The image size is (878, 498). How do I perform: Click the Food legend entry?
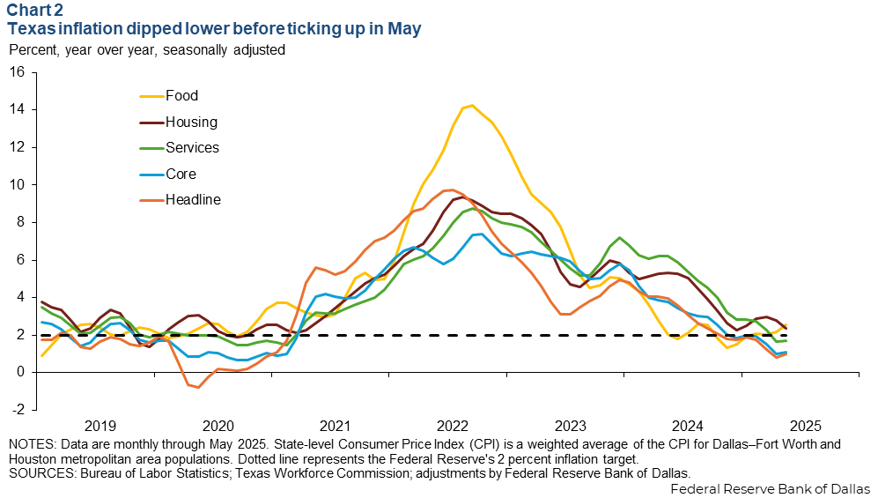click(x=181, y=96)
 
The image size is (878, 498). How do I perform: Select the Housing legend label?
click(x=190, y=123)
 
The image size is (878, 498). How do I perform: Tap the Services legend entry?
click(x=193, y=148)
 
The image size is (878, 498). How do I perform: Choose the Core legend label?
click(x=181, y=175)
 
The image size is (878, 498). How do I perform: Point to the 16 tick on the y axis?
click(x=18, y=72)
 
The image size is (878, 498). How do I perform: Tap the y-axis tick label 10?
click(x=18, y=185)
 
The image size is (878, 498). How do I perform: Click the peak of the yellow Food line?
click(x=472, y=105)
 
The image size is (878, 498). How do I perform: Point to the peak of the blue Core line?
click(x=478, y=234)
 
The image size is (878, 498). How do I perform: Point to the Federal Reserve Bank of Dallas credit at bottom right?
click(x=770, y=488)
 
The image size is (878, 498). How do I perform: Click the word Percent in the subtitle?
click(x=33, y=50)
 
